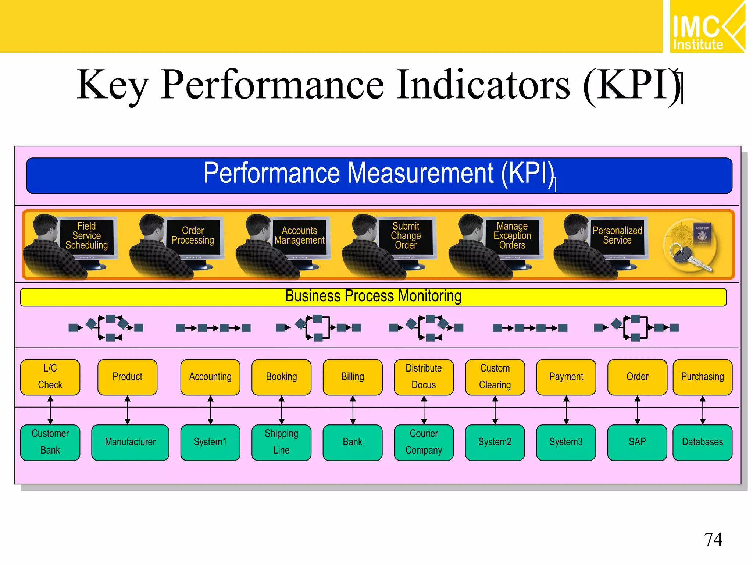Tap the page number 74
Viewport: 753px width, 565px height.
pos(713,540)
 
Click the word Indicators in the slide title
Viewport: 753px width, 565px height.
pos(483,85)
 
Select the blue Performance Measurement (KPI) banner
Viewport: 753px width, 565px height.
pos(379,175)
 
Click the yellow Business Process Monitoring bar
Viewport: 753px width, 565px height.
pos(373,297)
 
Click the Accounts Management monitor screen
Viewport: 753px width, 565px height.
pos(299,236)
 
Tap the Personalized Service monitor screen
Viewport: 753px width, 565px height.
pos(617,236)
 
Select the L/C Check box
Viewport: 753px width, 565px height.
pos(50,377)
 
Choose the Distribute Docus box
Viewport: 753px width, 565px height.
pos(424,377)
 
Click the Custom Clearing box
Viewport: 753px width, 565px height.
pos(495,377)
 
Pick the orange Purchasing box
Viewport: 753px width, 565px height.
pos(702,377)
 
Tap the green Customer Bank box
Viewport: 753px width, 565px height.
pos(50,442)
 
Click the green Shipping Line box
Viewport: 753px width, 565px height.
pos(281,442)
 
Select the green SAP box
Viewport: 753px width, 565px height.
pos(637,442)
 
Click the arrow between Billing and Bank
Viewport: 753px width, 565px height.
pos(353,410)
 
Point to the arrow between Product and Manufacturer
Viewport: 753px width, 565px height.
pos(128,410)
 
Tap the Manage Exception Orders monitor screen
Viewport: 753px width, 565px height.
pos(512,236)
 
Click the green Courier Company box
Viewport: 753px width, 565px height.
pos(424,442)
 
